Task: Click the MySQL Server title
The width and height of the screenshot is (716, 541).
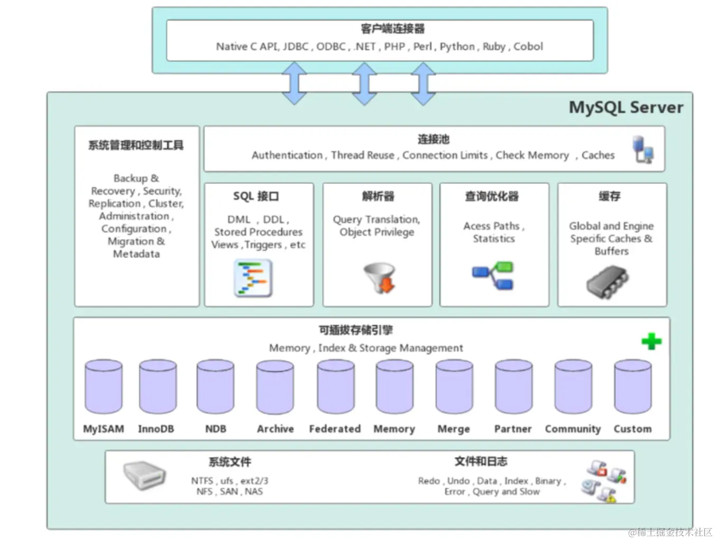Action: [x=626, y=107]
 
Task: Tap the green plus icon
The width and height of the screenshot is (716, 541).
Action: [x=651, y=341]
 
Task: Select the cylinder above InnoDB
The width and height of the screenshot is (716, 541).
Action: [x=158, y=387]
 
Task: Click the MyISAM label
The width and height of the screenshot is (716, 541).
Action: [x=103, y=429]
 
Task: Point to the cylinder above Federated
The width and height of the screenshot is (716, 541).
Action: [x=335, y=387]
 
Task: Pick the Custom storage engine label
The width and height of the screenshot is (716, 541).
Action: [x=632, y=429]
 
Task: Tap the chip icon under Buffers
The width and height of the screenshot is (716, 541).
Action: [x=607, y=281]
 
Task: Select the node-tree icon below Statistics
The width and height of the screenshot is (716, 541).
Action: [x=493, y=276]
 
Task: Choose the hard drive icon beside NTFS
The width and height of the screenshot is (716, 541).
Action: [x=144, y=475]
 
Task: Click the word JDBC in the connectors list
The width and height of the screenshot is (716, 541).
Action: [x=295, y=47]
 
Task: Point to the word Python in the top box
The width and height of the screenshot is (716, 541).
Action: [x=457, y=47]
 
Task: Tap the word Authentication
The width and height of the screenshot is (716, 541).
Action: [x=287, y=155]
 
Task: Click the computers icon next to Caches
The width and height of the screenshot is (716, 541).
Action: [x=642, y=150]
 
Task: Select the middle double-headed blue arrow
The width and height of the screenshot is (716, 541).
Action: [x=364, y=83]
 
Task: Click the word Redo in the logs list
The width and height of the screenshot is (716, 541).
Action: [x=428, y=481]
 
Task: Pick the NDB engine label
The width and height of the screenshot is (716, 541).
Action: [x=216, y=429]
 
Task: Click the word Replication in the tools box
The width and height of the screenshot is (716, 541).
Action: [x=115, y=204]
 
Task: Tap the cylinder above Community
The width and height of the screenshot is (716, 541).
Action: [x=573, y=387]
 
